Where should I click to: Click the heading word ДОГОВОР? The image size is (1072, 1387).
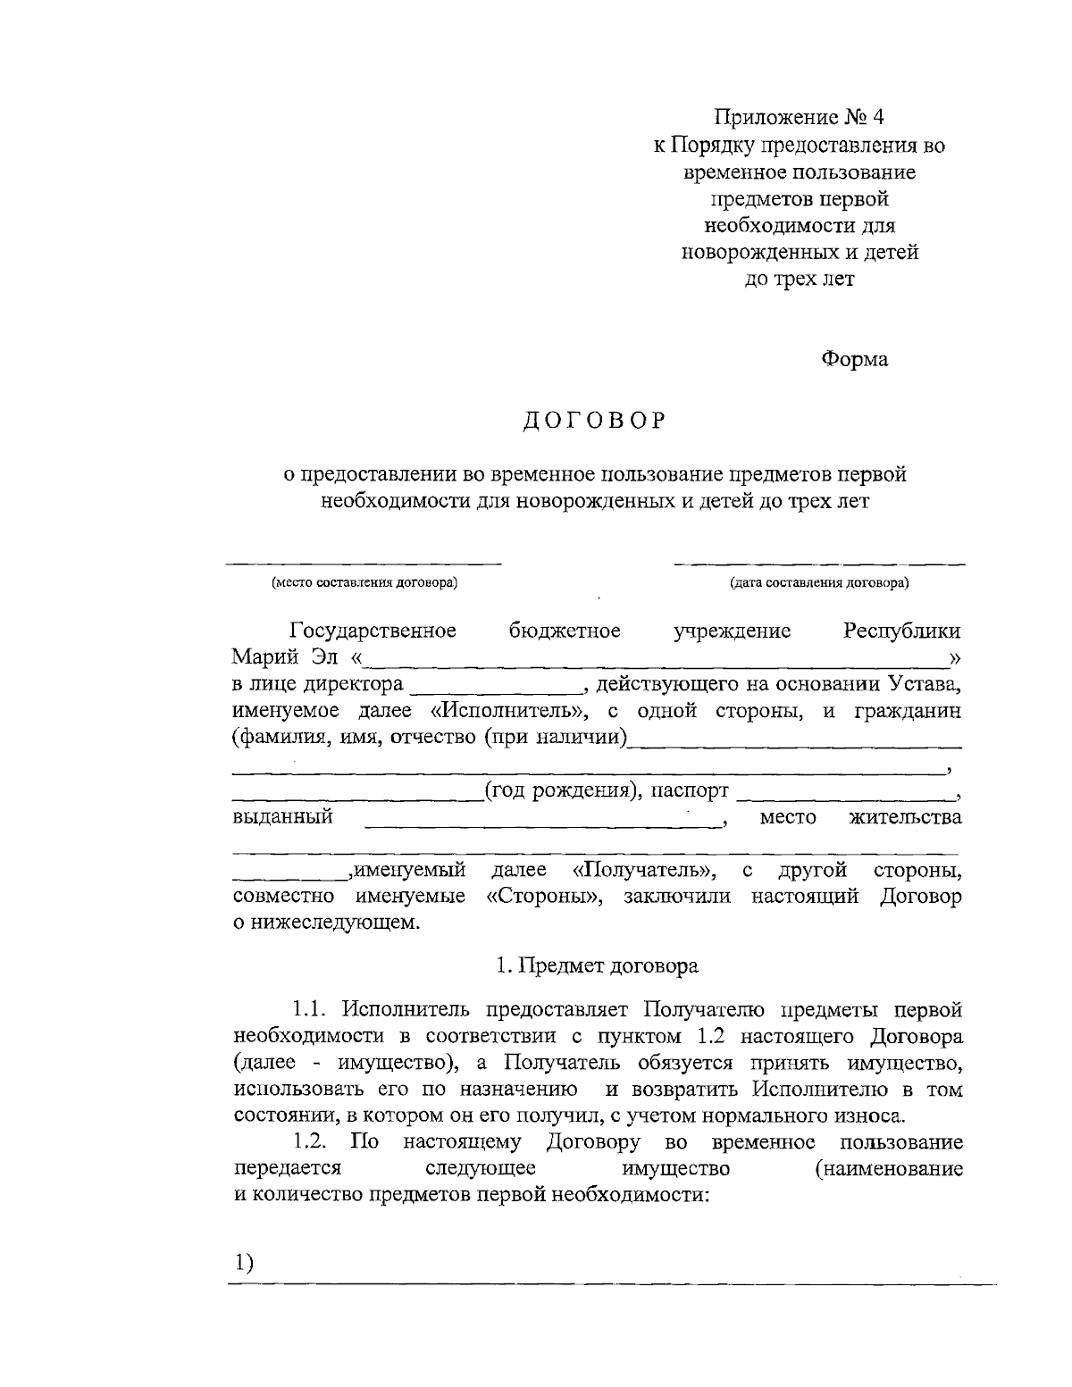(x=594, y=421)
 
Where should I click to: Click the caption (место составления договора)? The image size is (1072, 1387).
(x=364, y=584)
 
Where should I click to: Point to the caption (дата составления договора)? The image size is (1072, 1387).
(x=819, y=584)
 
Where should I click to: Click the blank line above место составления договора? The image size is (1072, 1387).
(x=363, y=564)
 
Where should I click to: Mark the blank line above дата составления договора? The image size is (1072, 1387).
(x=819, y=564)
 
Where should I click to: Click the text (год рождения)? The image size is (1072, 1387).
(x=560, y=791)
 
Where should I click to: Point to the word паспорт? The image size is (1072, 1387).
(x=689, y=791)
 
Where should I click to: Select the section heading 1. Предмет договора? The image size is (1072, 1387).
(x=598, y=966)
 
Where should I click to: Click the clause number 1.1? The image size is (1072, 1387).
(x=312, y=1010)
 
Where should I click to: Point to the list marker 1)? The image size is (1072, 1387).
(x=244, y=1264)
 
